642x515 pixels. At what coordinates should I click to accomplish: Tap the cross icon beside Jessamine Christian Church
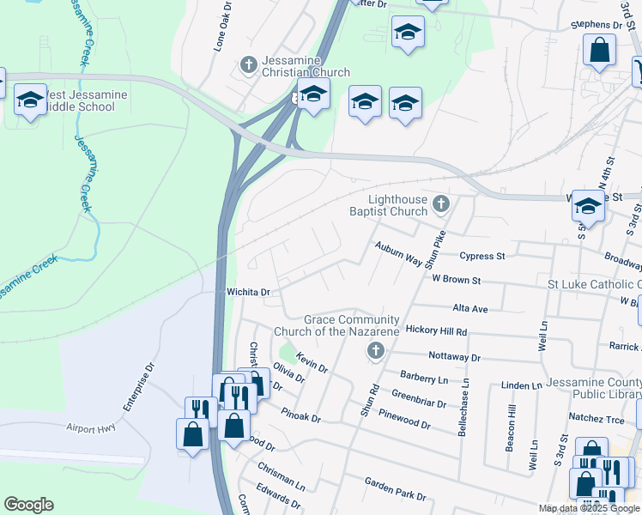(249, 64)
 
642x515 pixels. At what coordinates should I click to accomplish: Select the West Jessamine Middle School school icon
(30, 100)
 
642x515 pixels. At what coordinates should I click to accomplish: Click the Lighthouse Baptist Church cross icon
(441, 203)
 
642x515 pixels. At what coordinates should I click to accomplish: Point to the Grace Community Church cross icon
(375, 350)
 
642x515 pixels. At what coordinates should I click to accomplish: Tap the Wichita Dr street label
(248, 292)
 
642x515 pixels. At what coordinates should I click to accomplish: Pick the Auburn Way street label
(397, 248)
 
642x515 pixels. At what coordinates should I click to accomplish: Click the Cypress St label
(482, 256)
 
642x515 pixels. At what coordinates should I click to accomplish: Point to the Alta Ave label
(469, 308)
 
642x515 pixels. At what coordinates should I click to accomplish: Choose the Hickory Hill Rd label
(436, 330)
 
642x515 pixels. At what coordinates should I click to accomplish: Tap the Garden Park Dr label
(395, 489)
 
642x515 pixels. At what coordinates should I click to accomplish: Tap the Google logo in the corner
(28, 505)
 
